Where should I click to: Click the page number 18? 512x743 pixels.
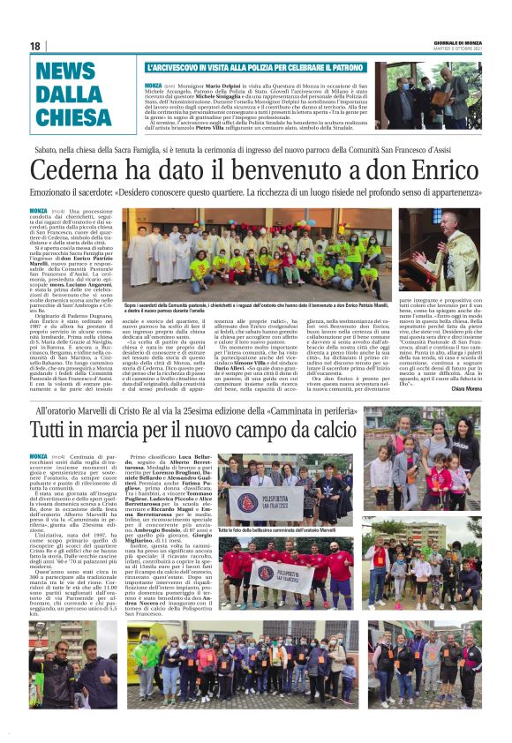click(x=34, y=46)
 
